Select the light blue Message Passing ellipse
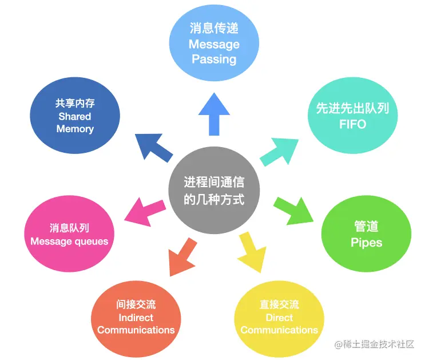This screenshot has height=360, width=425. coord(213,43)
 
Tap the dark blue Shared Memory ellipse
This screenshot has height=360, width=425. coord(75,116)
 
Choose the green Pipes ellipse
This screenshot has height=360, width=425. coord(366,235)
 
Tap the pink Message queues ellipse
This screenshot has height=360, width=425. coord(69,234)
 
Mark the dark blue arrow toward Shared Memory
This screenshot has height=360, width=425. coord(154,146)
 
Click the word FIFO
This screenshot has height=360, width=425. coord(352,124)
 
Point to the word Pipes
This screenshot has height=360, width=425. coord(366,243)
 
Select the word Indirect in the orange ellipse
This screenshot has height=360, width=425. coord(136,317)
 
